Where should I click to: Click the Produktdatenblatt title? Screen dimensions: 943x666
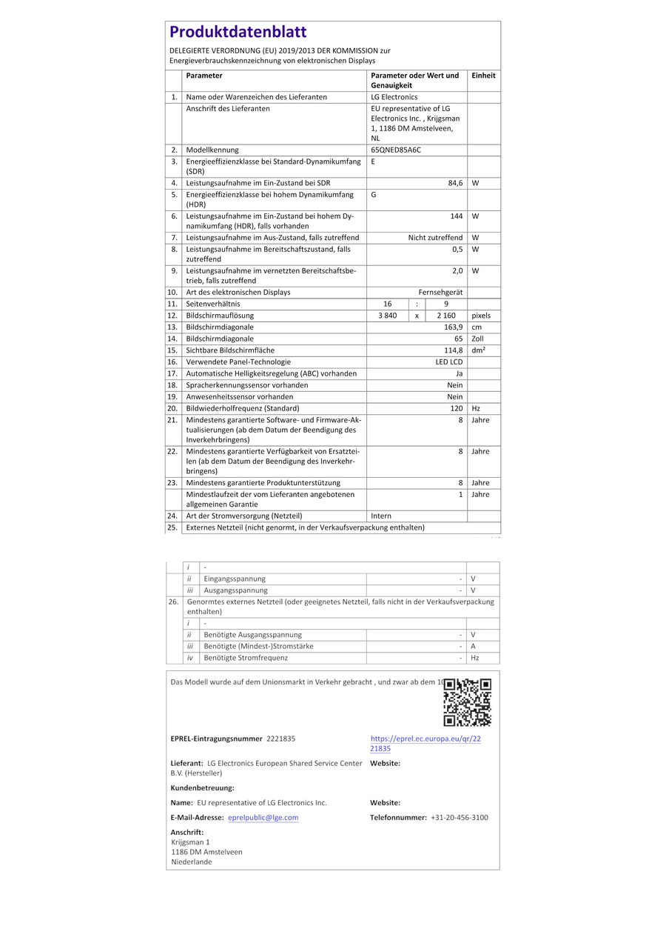click(x=238, y=32)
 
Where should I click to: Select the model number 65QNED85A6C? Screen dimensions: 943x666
click(x=396, y=150)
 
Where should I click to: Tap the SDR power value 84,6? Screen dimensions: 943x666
click(x=455, y=183)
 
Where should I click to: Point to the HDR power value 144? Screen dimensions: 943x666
click(x=457, y=216)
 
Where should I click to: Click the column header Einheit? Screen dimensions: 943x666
click(x=483, y=76)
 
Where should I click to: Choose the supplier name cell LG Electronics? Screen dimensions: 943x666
click(x=394, y=97)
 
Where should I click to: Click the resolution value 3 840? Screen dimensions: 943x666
click(x=387, y=316)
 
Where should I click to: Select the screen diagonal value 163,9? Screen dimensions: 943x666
click(x=454, y=327)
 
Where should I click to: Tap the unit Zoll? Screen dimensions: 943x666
click(x=477, y=339)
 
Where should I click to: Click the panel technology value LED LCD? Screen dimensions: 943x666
click(x=448, y=362)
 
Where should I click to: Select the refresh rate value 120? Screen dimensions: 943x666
click(x=457, y=408)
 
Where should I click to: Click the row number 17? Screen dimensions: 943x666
click(x=172, y=374)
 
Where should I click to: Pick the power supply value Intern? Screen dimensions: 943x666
click(x=381, y=516)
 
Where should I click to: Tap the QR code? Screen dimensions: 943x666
click(x=468, y=702)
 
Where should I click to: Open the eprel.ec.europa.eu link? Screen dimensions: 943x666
click(x=425, y=743)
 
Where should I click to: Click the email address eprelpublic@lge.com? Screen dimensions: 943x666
click(x=263, y=818)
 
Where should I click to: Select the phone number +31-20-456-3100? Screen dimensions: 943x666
click(x=459, y=818)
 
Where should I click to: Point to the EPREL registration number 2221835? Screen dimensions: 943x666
click(x=280, y=739)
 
